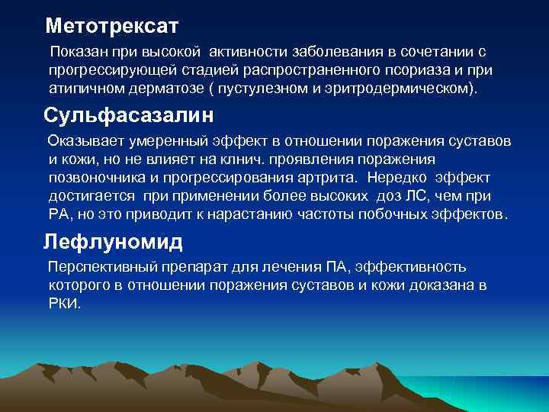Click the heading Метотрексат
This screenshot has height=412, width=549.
click(111, 27)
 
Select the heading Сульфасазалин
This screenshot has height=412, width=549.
click(128, 116)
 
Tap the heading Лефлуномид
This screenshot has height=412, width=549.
click(114, 242)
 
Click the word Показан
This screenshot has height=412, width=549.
click(79, 52)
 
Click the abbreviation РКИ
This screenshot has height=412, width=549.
click(63, 303)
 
